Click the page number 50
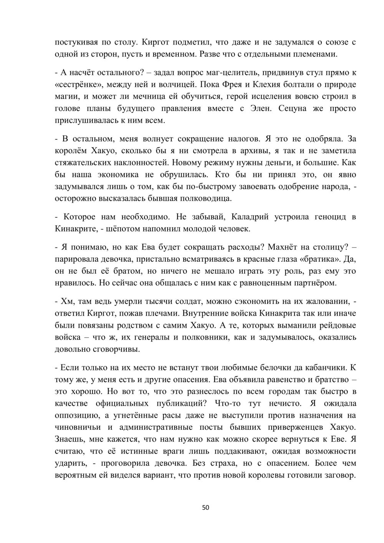[x=205, y=508]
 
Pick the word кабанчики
[x=326, y=368]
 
